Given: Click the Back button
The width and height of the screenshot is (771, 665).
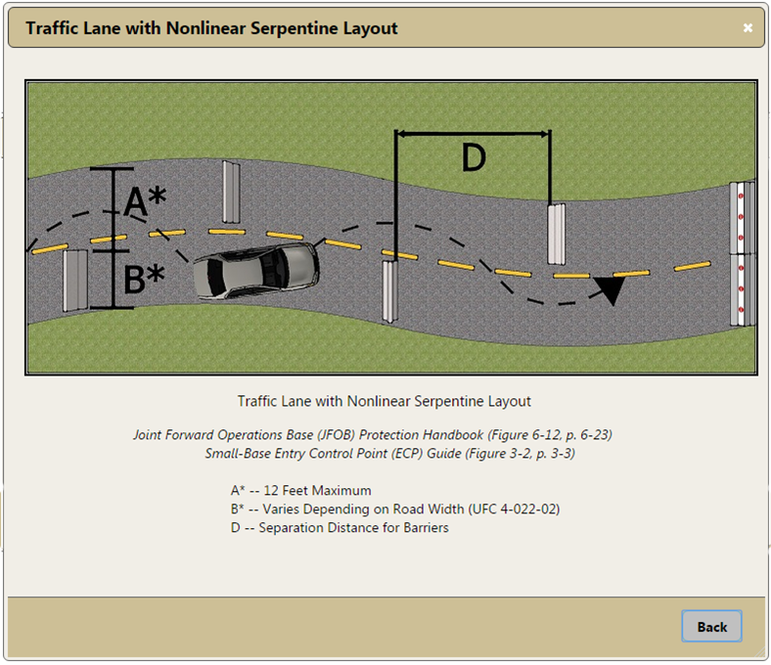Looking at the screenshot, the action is [711, 626].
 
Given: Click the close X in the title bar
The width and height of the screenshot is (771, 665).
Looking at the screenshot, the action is [748, 28].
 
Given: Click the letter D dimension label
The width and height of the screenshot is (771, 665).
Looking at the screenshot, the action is [474, 157].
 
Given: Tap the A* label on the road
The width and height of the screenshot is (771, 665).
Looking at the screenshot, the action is [145, 201].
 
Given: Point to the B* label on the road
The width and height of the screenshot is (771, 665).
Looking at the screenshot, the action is [144, 279].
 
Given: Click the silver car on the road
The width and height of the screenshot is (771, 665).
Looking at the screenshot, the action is [256, 271].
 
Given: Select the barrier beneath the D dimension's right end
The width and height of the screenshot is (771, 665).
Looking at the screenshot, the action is [556, 234].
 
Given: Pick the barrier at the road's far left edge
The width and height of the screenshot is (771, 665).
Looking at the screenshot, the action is [75, 280].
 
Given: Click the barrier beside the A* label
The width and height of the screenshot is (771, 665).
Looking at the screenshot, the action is [231, 192].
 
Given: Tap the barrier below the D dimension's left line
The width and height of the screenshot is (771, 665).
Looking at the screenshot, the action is [390, 291].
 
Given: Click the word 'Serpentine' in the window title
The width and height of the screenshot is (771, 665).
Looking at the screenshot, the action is [295, 28].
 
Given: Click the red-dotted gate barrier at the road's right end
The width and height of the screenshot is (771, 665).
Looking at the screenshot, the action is [742, 253].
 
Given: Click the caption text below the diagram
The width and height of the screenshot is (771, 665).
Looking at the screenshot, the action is [384, 401].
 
